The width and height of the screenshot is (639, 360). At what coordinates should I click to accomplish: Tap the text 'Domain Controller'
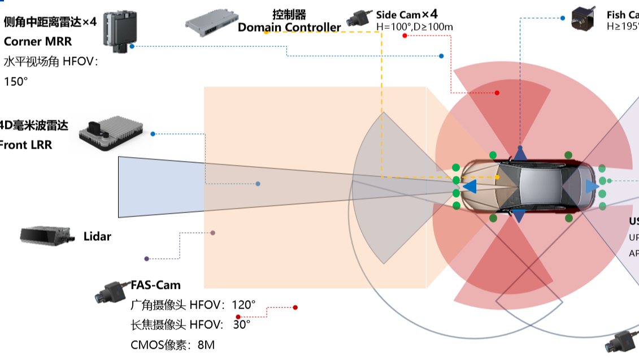click(x=289, y=27)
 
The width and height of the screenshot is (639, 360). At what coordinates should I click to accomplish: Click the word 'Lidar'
click(x=97, y=236)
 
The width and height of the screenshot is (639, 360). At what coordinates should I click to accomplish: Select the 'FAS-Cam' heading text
click(x=155, y=285)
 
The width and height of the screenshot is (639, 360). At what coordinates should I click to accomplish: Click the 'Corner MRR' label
click(x=38, y=41)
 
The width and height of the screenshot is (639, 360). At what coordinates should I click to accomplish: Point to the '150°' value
click(x=16, y=81)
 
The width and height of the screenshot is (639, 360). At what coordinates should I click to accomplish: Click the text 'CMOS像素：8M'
click(x=172, y=344)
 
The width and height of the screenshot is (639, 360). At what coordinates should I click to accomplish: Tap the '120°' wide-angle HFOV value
click(x=244, y=305)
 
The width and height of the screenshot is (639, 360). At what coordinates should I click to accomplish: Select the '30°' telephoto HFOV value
click(x=241, y=324)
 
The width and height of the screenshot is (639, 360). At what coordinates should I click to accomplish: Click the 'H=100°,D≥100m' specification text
click(x=414, y=27)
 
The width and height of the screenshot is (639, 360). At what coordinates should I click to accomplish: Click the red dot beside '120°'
click(x=295, y=307)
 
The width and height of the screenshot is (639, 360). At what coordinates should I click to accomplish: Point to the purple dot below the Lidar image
click(x=147, y=259)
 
